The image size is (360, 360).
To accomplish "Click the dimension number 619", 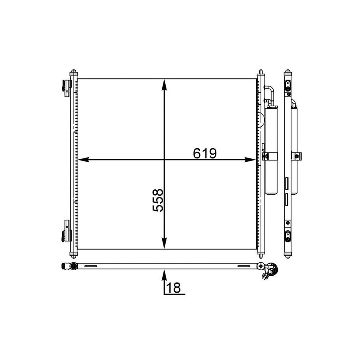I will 205,153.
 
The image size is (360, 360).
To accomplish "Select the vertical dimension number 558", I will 158,200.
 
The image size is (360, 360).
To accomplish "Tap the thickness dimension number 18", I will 173,288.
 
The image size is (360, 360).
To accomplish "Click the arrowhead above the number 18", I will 164,275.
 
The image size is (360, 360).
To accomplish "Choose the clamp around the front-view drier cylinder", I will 268,157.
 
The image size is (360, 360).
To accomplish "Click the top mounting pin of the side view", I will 288,73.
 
